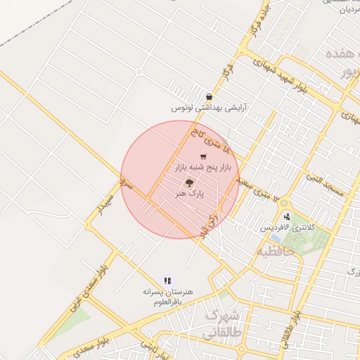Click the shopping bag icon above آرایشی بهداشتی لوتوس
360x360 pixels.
(209, 97)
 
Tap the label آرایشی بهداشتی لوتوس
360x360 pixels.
(210, 109)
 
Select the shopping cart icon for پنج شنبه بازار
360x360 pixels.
(203, 157)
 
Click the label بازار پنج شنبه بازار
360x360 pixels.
(203, 168)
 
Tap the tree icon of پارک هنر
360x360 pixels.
(188, 183)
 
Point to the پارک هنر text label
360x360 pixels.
(188, 194)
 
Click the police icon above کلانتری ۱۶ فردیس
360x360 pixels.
(286, 217)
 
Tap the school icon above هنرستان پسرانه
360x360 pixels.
(167, 281)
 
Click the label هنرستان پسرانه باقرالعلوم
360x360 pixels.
(167, 297)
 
